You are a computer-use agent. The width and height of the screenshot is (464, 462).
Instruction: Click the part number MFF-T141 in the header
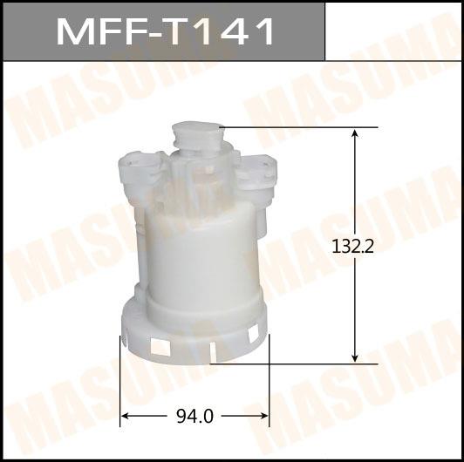point(165,31)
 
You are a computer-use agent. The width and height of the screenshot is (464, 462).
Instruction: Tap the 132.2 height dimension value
point(352,247)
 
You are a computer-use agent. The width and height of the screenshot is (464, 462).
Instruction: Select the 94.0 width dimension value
point(194,417)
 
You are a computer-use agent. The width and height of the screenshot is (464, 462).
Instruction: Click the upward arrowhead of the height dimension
point(355,133)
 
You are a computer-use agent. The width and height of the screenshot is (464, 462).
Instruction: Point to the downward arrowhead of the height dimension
point(355,358)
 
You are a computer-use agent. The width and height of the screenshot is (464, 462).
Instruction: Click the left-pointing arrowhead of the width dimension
point(126,416)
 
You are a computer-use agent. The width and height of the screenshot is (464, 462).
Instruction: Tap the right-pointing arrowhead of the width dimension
point(263,416)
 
